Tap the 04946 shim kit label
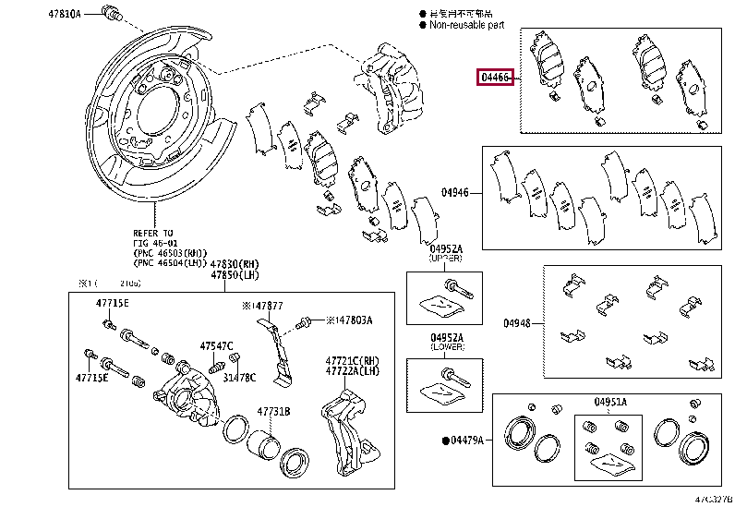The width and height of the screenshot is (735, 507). point(454,192)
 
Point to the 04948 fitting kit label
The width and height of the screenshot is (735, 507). point(518,323)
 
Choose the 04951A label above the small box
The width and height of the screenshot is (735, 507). point(610,403)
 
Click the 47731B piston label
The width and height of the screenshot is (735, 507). point(273,412)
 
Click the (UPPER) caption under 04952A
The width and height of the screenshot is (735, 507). point(447,259)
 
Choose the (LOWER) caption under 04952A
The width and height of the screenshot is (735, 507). point(447,347)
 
